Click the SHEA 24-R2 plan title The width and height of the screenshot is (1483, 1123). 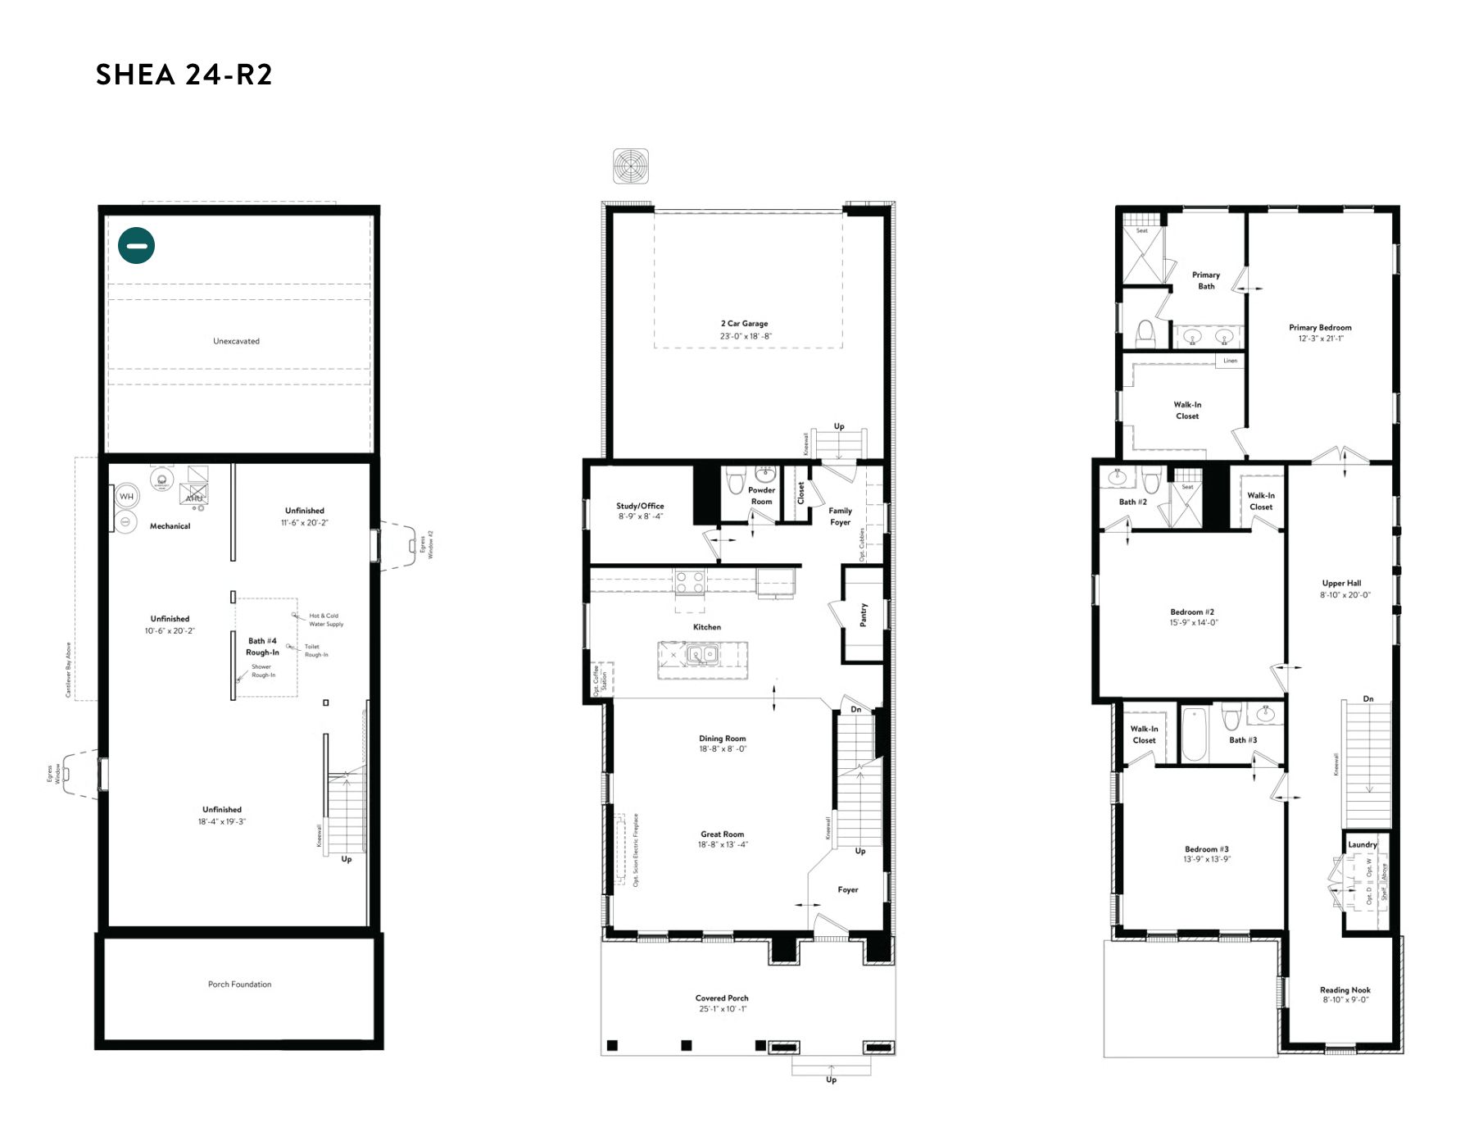tap(184, 75)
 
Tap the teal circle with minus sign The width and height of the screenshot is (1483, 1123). tap(136, 245)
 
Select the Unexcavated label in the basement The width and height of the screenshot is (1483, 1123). tap(236, 341)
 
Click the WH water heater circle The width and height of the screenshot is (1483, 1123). tap(126, 497)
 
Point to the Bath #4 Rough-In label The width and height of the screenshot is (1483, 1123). tap(262, 647)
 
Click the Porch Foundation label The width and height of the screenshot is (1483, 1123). tap(239, 984)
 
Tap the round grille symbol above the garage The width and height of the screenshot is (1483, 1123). tap(631, 166)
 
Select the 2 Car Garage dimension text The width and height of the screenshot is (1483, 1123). tap(746, 336)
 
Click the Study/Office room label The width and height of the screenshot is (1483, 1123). tap(640, 506)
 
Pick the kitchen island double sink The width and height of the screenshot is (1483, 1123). tap(702, 654)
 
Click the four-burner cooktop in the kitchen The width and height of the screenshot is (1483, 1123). tap(689, 583)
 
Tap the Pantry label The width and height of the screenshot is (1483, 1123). tap(863, 615)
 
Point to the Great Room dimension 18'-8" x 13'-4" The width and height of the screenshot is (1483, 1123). tap(723, 845)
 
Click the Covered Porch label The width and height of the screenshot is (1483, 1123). tap(722, 998)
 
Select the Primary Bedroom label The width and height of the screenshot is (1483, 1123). tap(1320, 327)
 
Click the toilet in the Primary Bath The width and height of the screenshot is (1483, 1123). tap(1145, 333)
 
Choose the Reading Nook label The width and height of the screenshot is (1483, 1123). tap(1345, 990)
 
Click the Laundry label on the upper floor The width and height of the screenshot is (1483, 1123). tap(1362, 844)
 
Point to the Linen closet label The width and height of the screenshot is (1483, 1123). tap(1230, 361)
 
